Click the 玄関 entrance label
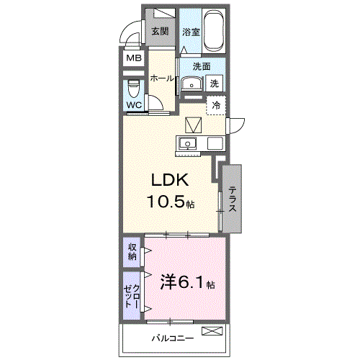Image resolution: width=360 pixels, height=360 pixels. click(160, 31)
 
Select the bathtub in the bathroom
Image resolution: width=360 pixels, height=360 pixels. click(214, 31)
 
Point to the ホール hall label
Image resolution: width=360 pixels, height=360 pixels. click(162, 78)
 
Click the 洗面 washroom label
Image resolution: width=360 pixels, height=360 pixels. click(202, 66)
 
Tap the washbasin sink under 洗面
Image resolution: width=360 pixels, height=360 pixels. click(190, 83)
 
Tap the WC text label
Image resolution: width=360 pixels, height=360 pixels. click(134, 105)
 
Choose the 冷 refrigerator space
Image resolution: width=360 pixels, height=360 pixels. click(215, 105)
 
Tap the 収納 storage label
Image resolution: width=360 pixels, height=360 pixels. click(132, 252)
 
